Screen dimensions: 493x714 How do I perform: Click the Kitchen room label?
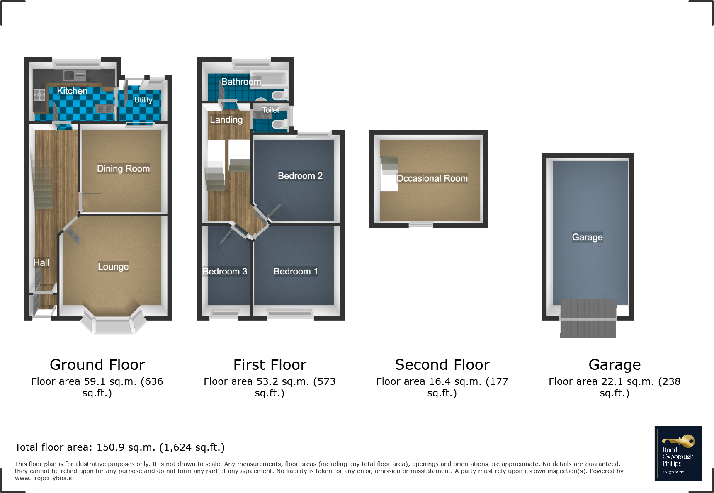72,91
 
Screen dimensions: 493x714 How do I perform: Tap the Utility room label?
143,100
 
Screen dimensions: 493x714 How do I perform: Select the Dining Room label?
123,168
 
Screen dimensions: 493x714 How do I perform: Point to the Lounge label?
113,266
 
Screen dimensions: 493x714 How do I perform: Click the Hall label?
41,262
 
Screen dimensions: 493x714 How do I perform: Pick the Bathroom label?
241,82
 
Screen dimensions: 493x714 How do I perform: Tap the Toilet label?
270,110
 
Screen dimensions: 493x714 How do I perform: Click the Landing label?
226,120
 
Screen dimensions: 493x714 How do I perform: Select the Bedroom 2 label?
300,176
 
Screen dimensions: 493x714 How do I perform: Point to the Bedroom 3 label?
225,271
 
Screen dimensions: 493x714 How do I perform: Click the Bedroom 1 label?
295,271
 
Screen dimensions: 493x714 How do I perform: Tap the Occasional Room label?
432,178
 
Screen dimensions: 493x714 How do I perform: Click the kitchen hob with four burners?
39,95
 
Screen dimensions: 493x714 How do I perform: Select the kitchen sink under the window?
75,75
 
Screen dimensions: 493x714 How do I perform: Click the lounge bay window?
113,325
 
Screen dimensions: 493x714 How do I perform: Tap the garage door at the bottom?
588,318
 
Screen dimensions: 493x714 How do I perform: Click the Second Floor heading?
442,365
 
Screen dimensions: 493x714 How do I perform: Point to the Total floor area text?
119,447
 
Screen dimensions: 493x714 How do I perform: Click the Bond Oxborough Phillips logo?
678,454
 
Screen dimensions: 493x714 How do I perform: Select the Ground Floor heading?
97,365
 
